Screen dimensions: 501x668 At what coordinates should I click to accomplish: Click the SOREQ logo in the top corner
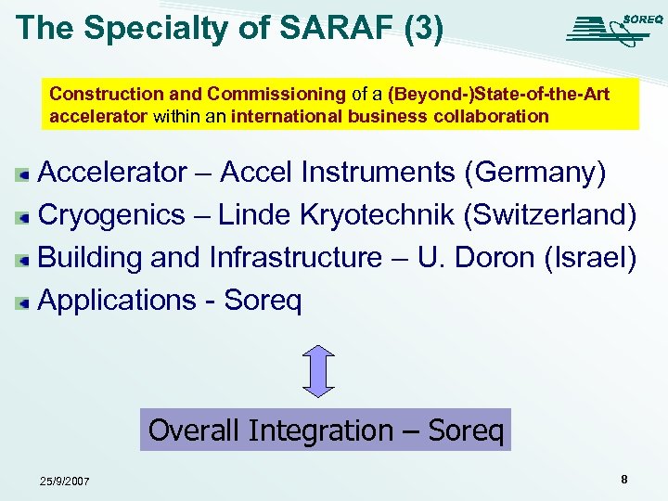click(613, 29)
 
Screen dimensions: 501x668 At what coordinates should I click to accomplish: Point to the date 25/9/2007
click(64, 482)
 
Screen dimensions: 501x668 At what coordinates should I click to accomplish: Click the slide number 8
click(623, 480)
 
